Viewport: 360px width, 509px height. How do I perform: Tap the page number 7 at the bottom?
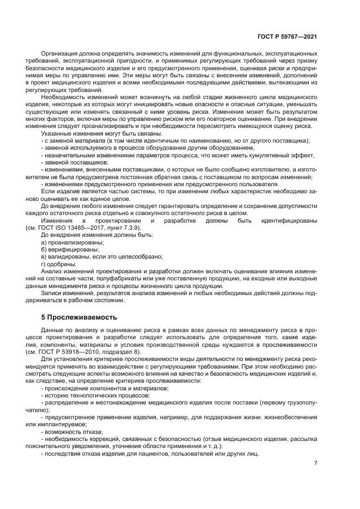[x=315, y=463]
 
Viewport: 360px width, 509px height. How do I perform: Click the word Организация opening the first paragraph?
[x=59, y=54]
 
